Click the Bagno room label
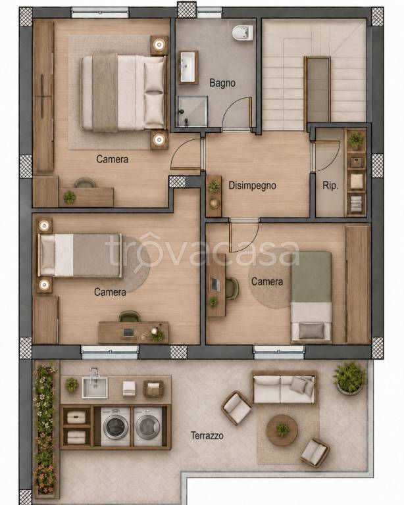click(x=222, y=83)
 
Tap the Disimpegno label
click(x=252, y=185)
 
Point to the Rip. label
click(x=330, y=185)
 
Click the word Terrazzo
click(x=207, y=436)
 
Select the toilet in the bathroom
click(x=243, y=33)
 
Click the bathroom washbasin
click(x=188, y=68)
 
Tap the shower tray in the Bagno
click(x=193, y=111)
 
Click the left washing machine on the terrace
click(x=115, y=427)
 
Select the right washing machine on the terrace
click(x=148, y=427)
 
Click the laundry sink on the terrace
click(x=95, y=387)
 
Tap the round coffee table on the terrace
click(x=282, y=430)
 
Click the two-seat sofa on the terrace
click(x=284, y=387)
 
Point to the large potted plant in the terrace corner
click(x=349, y=377)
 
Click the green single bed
click(x=311, y=297)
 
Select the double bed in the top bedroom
click(x=123, y=93)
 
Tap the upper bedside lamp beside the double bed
click(x=159, y=45)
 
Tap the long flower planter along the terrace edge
click(x=45, y=429)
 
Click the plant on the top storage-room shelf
click(x=356, y=141)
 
